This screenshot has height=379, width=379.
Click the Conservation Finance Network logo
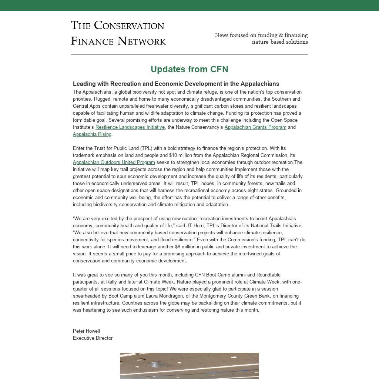[118, 33]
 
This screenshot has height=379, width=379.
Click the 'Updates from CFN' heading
[189, 69]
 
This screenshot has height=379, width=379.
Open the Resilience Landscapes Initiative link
[130, 127]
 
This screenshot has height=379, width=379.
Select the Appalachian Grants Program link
[255, 127]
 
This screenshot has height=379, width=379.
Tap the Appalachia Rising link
[92, 134]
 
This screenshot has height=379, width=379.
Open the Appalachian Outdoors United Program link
[114, 162]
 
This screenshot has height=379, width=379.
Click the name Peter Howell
[86, 331]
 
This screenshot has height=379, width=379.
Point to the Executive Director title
[93, 338]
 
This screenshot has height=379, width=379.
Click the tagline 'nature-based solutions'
[280, 42]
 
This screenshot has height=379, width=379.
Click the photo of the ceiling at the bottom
[189, 366]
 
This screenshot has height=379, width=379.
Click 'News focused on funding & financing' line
[261, 35]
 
